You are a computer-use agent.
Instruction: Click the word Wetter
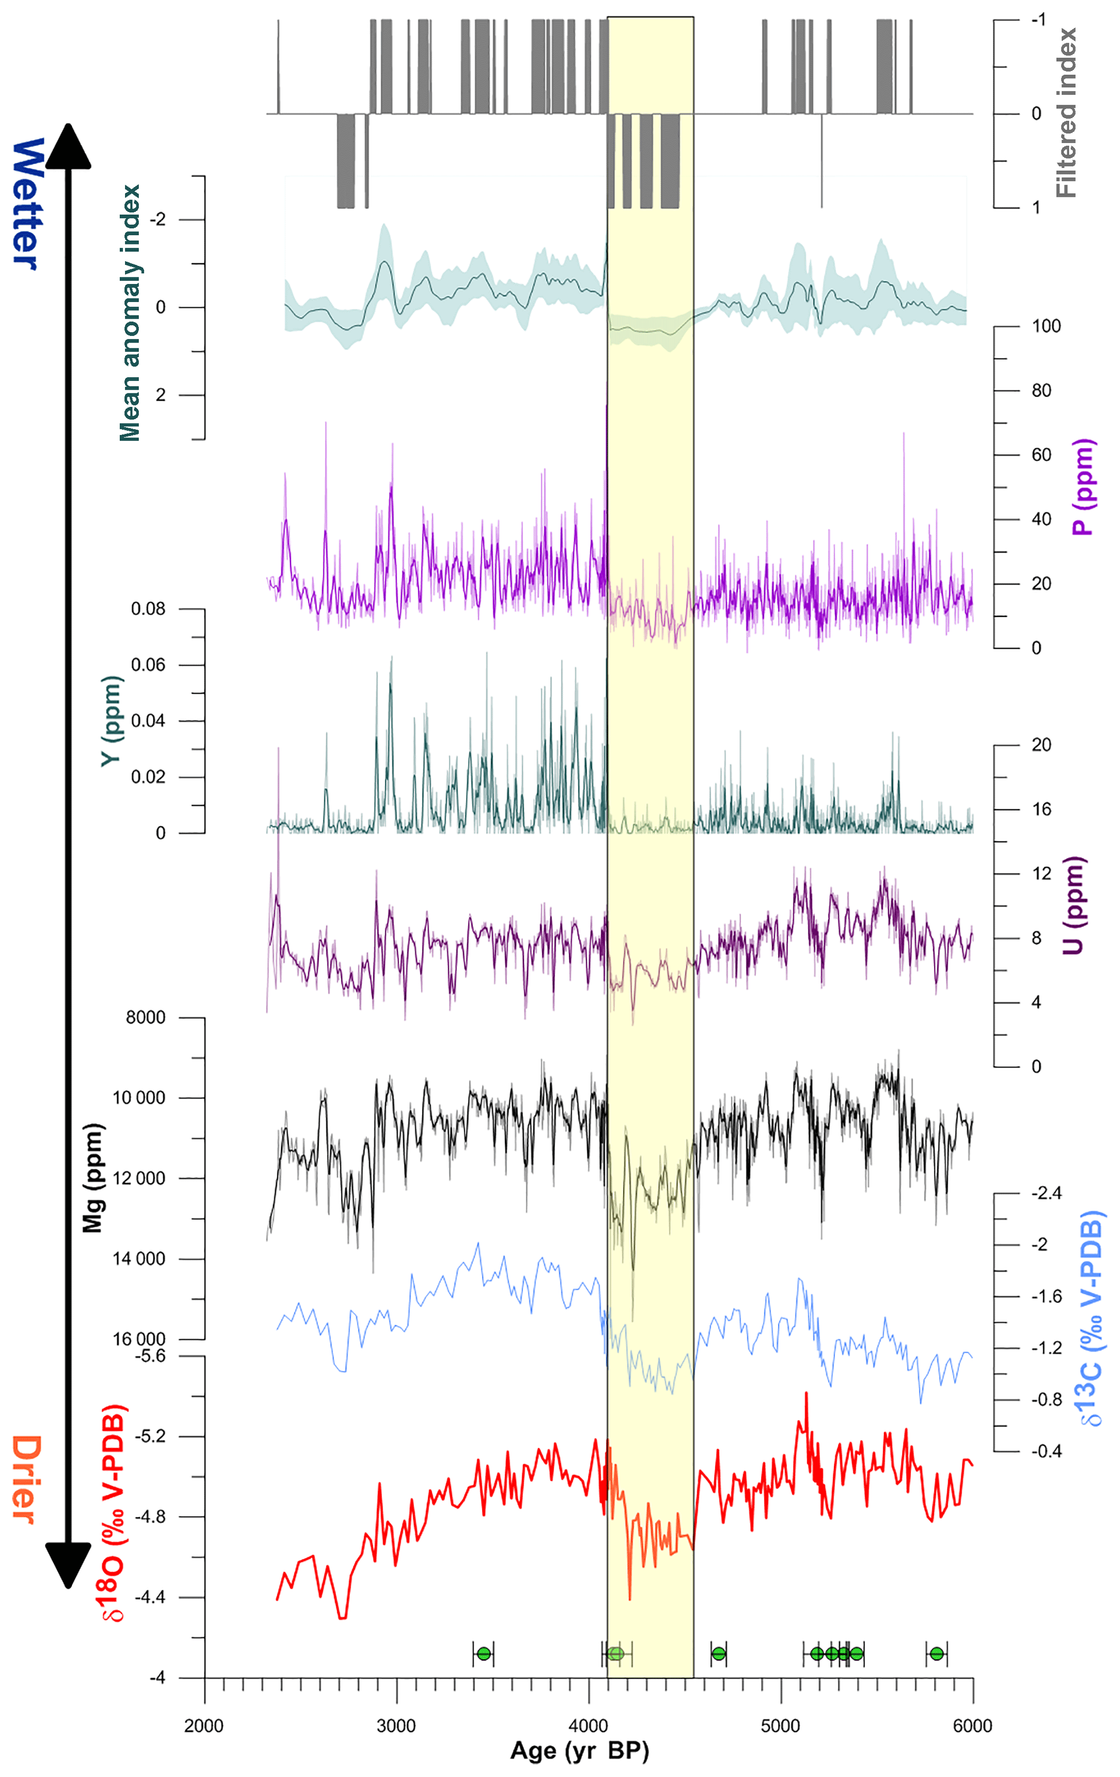click(27, 204)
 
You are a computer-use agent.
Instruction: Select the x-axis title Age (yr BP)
click(579, 1750)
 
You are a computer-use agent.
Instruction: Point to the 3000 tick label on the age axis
click(396, 1726)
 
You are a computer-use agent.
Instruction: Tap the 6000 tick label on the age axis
click(973, 1726)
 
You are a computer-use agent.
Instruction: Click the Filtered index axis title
click(1066, 112)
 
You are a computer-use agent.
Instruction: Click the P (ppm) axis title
click(1083, 487)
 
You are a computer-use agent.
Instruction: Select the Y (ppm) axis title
click(111, 720)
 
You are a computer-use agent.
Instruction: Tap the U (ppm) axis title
click(1074, 906)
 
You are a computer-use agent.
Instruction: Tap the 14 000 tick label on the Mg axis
click(139, 1258)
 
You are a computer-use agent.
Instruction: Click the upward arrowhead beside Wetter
click(68, 144)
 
